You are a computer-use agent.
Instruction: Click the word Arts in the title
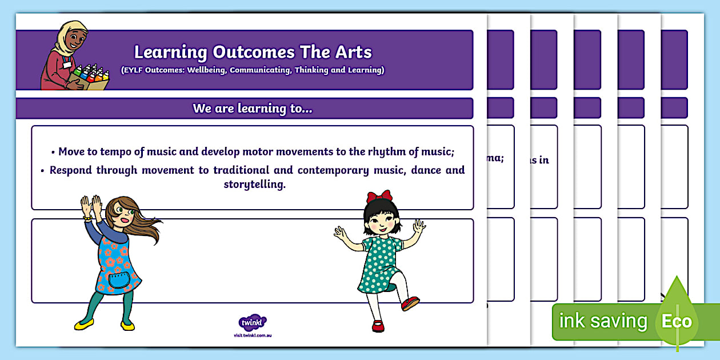[x=351, y=52]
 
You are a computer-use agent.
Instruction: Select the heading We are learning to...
[x=252, y=109]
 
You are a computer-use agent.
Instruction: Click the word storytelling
[x=254, y=185]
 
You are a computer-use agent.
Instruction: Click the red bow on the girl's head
[x=379, y=197]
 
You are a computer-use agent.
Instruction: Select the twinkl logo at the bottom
[x=252, y=323]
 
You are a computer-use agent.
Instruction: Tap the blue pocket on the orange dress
[x=119, y=279]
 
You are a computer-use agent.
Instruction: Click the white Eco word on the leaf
[x=677, y=321]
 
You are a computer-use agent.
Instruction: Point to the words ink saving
[x=603, y=321]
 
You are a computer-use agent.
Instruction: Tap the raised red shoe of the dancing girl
[x=410, y=303]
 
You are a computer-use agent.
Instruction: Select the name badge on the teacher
[x=67, y=65]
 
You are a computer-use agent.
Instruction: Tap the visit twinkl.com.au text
[x=252, y=335]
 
